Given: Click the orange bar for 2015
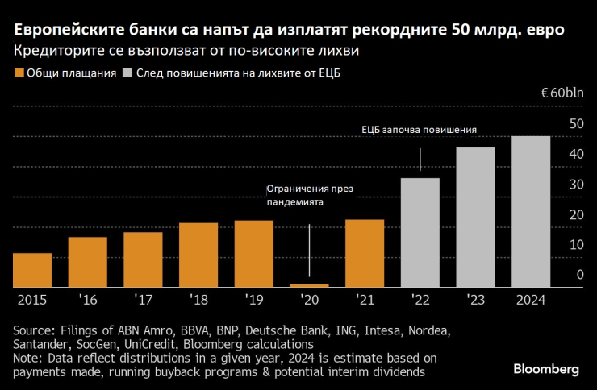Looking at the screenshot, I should coord(32,271).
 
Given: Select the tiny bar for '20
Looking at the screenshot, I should coord(309,285).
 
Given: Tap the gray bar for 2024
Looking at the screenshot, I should coord(531,212).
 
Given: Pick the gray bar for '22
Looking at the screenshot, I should coord(420,233).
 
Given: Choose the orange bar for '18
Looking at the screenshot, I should coord(198,255).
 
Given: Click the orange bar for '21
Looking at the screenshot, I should coord(365,254).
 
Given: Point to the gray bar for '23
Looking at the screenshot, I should coord(475,218).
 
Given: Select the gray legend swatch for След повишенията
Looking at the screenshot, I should coord(127,73).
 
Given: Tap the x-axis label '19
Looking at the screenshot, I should coord(253,300).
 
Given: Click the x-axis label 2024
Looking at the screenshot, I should coord(531,300).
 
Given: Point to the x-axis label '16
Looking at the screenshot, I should coord(88,300).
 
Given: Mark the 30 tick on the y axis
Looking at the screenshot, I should coord(575,185).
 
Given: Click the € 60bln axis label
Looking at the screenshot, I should coord(562,93).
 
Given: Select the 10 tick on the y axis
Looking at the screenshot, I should coord(575,245).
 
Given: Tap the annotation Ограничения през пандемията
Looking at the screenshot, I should coord(310,196).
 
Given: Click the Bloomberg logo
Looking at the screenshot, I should coord(546,369).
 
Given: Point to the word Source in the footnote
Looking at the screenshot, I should coord(32,330).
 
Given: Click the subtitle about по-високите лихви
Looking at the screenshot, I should coord(186,51).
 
